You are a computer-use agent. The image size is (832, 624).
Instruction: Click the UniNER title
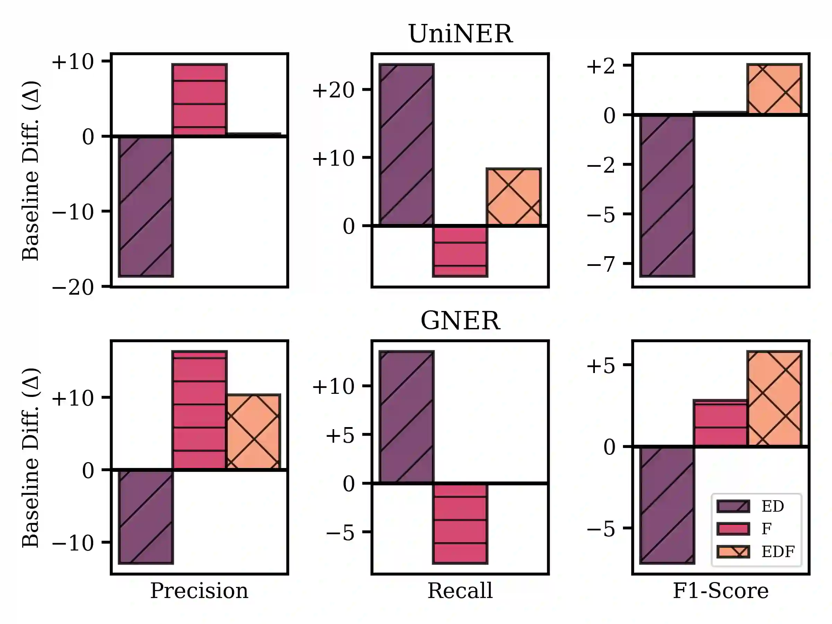(460, 34)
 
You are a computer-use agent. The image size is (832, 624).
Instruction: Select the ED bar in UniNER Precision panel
(146, 207)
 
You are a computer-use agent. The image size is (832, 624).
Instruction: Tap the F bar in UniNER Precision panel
(199, 100)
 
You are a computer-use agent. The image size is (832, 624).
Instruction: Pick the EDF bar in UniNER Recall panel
(514, 197)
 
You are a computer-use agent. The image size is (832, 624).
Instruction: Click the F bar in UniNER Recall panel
(460, 251)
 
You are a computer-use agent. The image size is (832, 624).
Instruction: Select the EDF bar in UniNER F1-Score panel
(774, 89)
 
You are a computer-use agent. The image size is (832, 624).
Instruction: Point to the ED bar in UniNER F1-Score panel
(667, 196)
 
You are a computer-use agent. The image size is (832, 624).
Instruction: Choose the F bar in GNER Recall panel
(460, 523)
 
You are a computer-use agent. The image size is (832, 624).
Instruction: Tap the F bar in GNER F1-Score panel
(720, 423)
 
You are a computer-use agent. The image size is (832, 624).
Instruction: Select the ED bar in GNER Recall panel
(407, 417)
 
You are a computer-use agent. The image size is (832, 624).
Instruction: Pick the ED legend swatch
(733, 506)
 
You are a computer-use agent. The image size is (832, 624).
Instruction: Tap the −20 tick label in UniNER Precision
(72, 288)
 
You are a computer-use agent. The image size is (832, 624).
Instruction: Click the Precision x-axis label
(199, 591)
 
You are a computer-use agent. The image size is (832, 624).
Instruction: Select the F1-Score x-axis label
(720, 591)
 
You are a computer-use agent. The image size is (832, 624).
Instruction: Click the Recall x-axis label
(460, 591)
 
